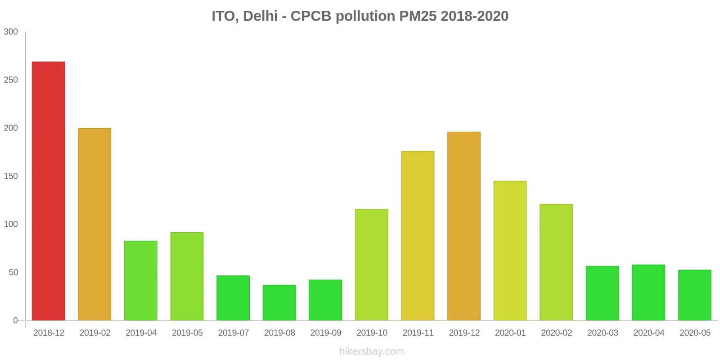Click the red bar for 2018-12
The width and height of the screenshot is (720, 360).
pyautogui.click(x=49, y=191)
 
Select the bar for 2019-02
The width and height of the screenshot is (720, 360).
pyautogui.click(x=94, y=224)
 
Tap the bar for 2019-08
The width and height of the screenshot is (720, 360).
pyautogui.click(x=279, y=302)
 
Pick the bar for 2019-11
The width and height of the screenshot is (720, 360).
pyautogui.click(x=418, y=236)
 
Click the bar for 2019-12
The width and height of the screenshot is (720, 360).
pyautogui.click(x=464, y=226)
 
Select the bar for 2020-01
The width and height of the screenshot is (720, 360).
pyautogui.click(x=510, y=251)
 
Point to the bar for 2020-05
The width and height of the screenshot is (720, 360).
pyautogui.click(x=695, y=295)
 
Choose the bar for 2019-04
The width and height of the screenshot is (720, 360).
pyautogui.click(x=141, y=280)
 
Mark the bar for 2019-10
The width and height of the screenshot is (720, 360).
pyautogui.click(x=372, y=265)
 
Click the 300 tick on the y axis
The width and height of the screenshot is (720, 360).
pyautogui.click(x=11, y=32)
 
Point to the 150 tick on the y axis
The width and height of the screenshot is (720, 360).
pyautogui.click(x=11, y=176)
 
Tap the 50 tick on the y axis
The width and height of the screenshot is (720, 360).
pyautogui.click(x=13, y=273)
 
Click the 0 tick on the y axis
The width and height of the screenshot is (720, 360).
pyautogui.click(x=15, y=321)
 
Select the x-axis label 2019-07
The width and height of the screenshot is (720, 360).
pyautogui.click(x=234, y=333)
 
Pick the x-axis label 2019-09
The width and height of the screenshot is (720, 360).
pyautogui.click(x=326, y=333)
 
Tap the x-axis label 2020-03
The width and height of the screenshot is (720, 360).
pyautogui.click(x=603, y=333)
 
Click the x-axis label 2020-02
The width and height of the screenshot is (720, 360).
pyautogui.click(x=557, y=333)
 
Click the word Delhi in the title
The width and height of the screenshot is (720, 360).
pyautogui.click(x=260, y=16)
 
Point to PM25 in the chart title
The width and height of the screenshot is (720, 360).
pyautogui.click(x=418, y=16)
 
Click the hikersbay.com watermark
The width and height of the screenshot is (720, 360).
pyautogui.click(x=372, y=351)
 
